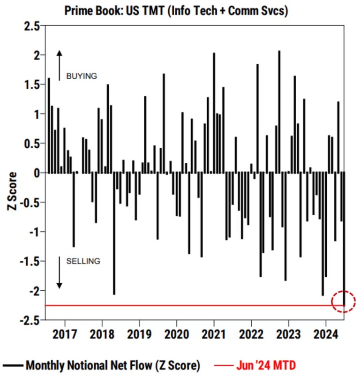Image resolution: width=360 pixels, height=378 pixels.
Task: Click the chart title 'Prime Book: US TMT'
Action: pyautogui.click(x=114, y=11)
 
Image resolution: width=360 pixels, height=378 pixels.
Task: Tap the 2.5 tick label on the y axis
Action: pyautogui.click(x=32, y=26)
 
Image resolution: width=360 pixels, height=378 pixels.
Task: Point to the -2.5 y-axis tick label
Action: pyautogui.click(x=30, y=321)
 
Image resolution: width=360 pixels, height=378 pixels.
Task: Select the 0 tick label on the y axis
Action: pyautogui.click(x=37, y=174)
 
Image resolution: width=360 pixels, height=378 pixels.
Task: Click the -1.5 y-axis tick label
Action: pyautogui.click(x=30, y=262)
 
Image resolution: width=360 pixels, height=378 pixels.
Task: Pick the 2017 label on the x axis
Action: pyautogui.click(x=65, y=334)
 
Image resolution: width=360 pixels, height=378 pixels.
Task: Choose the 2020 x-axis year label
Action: pyautogui.click(x=177, y=334)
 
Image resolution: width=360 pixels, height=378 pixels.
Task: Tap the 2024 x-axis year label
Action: pyautogui.click(x=326, y=334)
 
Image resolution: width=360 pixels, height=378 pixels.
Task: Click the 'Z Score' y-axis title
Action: pyautogui.click(x=12, y=191)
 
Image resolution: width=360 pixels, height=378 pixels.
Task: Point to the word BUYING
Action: pyautogui.click(x=82, y=76)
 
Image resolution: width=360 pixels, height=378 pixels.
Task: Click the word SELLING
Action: pyautogui.click(x=83, y=261)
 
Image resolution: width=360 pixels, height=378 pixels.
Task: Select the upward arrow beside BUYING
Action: pyautogui.click(x=60, y=65)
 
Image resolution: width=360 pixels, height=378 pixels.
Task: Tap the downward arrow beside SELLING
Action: pyautogui.click(x=60, y=272)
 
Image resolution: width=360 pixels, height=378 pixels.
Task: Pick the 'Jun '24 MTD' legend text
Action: pyautogui.click(x=266, y=365)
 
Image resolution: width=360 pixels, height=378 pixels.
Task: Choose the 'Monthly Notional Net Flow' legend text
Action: pyautogui.click(x=90, y=365)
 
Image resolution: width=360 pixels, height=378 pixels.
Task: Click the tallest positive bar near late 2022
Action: pyautogui.click(x=279, y=112)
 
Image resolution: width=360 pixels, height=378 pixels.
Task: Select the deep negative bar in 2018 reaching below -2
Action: pyautogui.click(x=114, y=233)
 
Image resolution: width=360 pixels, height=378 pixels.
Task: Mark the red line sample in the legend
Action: pyautogui.click(x=224, y=366)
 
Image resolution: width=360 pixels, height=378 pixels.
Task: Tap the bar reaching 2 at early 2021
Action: pyautogui.click(x=214, y=113)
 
